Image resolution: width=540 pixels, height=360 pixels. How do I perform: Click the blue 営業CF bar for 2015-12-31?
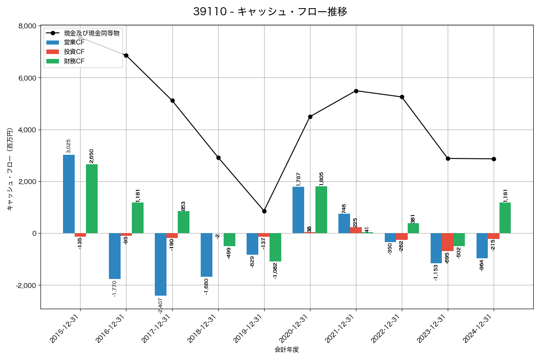pyautogui.click(x=69, y=194)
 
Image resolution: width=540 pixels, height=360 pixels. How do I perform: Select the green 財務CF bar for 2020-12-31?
pyautogui.click(x=321, y=210)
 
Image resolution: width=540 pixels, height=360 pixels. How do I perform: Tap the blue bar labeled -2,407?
pyautogui.click(x=161, y=264)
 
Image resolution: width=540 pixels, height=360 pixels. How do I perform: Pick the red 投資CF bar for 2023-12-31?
pyautogui.click(x=447, y=242)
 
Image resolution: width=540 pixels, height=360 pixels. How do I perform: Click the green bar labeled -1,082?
pyautogui.click(x=275, y=247)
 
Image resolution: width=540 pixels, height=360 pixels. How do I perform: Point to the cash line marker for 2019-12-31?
pyautogui.click(x=264, y=211)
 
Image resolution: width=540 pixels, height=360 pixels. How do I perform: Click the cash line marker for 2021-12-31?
pyautogui.click(x=356, y=91)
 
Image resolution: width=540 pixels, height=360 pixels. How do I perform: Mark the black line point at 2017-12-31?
pyautogui.click(x=172, y=100)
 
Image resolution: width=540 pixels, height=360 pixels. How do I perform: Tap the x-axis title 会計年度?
pyautogui.click(x=287, y=350)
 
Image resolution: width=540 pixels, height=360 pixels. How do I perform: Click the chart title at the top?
pyautogui.click(x=270, y=12)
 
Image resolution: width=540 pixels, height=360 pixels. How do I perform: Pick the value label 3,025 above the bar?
pyautogui.click(x=69, y=146)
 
